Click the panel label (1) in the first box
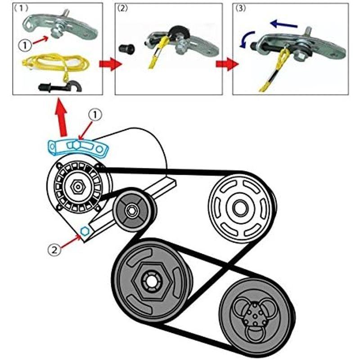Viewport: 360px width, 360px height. [x=21, y=9]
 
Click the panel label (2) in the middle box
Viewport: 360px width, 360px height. [x=122, y=9]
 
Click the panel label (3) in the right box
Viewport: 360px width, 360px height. [x=240, y=9]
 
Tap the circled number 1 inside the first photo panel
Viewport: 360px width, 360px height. [x=25, y=45]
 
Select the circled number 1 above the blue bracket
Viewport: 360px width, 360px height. [x=95, y=115]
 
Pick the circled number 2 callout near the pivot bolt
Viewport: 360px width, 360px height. [x=54, y=249]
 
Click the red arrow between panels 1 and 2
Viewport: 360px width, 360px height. [x=110, y=64]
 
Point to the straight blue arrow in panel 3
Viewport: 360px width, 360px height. [x=284, y=24]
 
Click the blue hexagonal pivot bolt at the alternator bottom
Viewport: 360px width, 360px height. [x=85, y=231]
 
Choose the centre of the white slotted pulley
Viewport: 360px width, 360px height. [x=241, y=208]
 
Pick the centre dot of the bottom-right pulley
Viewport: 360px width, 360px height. [x=255, y=316]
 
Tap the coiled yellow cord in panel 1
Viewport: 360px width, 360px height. [x=55, y=63]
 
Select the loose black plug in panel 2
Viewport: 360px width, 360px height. [x=127, y=49]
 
